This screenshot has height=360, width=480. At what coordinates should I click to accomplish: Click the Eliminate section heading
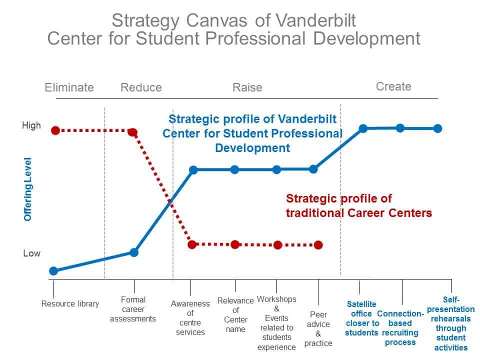pos(69,87)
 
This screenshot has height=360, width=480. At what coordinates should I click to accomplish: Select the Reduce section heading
pos(141,87)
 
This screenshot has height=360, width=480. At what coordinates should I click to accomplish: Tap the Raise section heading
pos(247,87)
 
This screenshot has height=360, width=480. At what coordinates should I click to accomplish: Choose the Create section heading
pos(393,86)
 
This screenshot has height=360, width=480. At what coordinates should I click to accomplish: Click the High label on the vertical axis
pos(31,125)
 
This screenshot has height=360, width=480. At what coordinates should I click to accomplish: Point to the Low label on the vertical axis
pos(31,253)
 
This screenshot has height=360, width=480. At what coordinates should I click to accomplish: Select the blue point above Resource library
pos(53,271)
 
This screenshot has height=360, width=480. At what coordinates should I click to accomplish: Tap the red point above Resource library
pos(55,130)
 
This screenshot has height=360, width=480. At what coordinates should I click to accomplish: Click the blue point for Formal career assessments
pos(134,252)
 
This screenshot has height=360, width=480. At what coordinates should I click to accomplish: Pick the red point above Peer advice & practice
pos(318,245)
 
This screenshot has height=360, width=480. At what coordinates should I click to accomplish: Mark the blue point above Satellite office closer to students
pos(363,128)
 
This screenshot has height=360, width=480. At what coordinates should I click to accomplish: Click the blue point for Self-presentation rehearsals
pos(437,128)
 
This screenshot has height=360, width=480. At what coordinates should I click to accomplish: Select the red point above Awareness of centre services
pos(192,244)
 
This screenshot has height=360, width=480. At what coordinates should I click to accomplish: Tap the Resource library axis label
pos(70,303)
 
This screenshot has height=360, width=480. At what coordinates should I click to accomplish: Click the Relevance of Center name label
pos(235,315)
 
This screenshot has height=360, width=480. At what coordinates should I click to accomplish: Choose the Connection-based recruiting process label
pos(400,328)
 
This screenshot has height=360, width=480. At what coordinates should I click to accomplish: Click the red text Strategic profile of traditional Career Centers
pos(358,206)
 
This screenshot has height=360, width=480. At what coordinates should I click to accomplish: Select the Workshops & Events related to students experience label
pos(276,323)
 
